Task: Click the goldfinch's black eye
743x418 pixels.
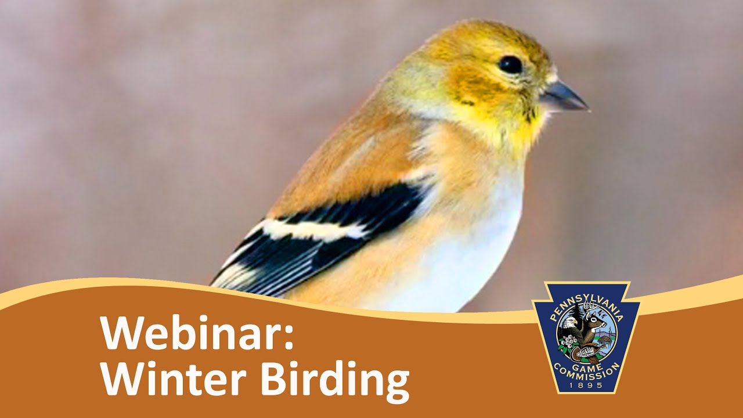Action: click(x=511, y=64)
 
